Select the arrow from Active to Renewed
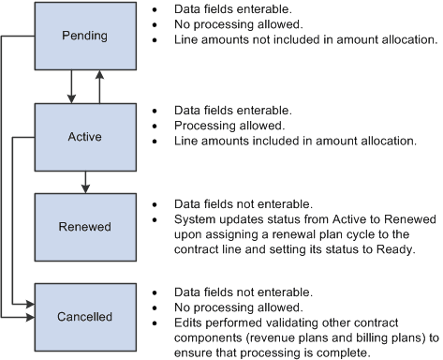(84, 181)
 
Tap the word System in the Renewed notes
(194, 218)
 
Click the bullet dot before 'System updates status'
(155, 218)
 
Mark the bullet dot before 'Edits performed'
(155, 322)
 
